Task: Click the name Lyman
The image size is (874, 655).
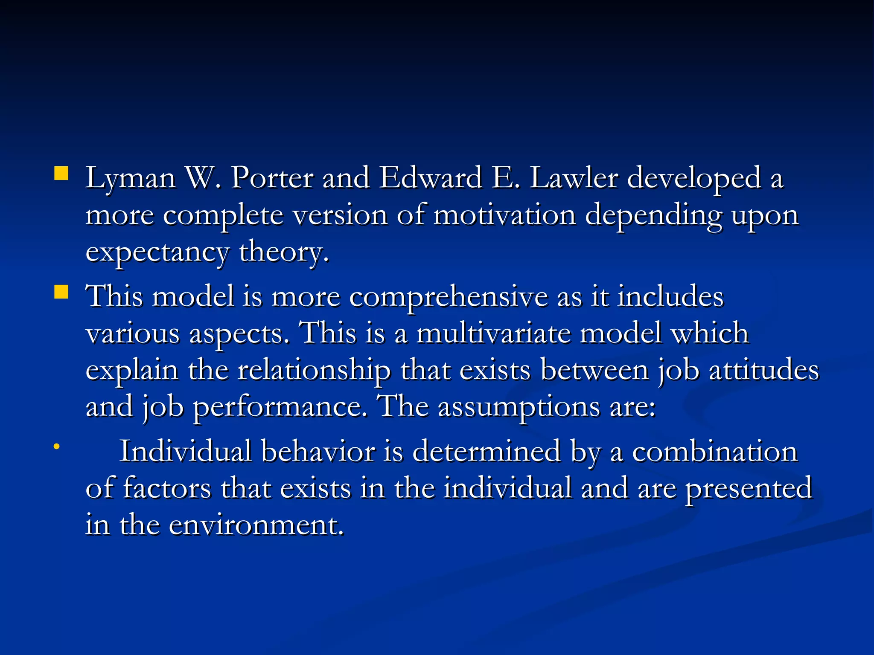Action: pyautogui.click(x=131, y=178)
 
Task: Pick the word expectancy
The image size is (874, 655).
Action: pyautogui.click(x=157, y=252)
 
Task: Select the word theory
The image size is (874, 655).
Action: pyautogui.click(x=284, y=252)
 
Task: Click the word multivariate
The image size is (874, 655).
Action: pyautogui.click(x=493, y=333)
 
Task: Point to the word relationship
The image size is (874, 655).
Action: pyautogui.click(x=314, y=370)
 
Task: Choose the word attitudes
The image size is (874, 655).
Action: pyautogui.click(x=764, y=370)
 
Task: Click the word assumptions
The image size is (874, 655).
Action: pyautogui.click(x=519, y=407)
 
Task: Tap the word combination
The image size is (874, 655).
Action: pyautogui.click(x=715, y=451)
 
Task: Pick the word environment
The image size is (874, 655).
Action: pyautogui.click(x=256, y=525)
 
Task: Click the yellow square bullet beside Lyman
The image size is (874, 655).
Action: pyautogui.click(x=61, y=174)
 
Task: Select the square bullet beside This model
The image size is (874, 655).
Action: pyautogui.click(x=61, y=293)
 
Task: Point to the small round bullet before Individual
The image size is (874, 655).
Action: pyautogui.click(x=56, y=446)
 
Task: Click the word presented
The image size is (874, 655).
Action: pyautogui.click(x=749, y=489)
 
